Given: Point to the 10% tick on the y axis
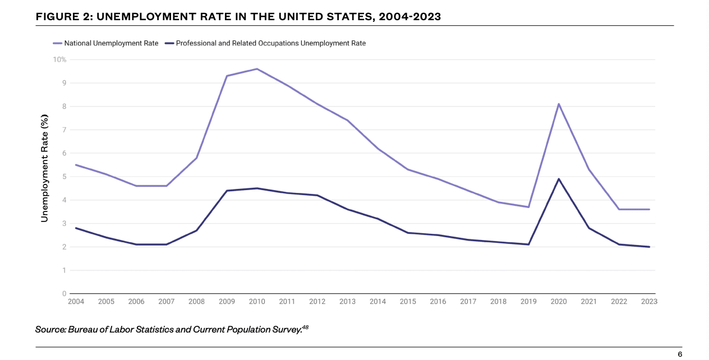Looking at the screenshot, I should point(60,59).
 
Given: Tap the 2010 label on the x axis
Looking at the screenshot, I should point(257,302).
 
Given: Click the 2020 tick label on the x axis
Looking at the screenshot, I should point(559,302).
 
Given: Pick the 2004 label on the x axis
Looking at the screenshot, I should point(76,302).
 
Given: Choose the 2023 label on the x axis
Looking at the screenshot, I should point(649,302).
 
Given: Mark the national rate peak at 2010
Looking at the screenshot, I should point(257,69).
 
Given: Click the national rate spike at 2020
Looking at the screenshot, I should point(559,104).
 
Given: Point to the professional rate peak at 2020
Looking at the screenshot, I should point(559,179).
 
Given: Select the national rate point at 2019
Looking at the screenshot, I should point(528,207).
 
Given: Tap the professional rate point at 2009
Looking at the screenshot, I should point(227,191).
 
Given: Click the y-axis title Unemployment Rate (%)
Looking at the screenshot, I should point(45,168).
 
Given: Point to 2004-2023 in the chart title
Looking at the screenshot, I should point(409,17).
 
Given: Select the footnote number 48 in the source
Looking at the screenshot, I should point(305,326).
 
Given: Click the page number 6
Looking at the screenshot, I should point(680,354).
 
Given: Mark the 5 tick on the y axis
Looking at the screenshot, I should point(65,177).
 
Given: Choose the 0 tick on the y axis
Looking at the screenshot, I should point(65,294).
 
